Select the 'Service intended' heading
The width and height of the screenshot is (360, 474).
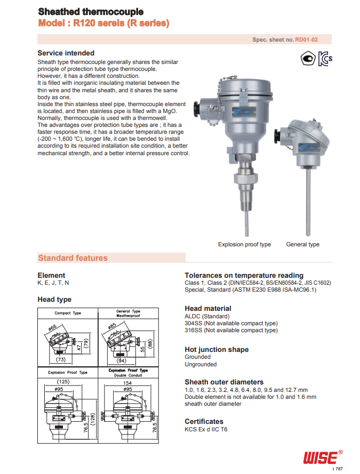coord(66,53)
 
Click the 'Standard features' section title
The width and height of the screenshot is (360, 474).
coord(73,258)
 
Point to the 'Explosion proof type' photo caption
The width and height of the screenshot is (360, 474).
coord(244,244)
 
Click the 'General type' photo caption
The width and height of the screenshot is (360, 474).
coord(302,244)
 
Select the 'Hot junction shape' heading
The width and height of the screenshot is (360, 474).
coord(217,350)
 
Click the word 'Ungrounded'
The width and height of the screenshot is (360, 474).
coord(201,365)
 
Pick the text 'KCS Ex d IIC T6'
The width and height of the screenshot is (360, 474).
coord(206,429)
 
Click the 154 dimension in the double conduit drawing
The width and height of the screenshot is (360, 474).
coord(127,382)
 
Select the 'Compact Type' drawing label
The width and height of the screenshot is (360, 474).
coord(68,314)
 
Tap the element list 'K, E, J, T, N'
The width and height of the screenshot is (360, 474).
coord(53,283)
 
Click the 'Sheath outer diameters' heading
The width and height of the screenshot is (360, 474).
coord(224,382)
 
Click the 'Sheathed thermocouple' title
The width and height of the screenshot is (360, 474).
coord(90,11)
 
